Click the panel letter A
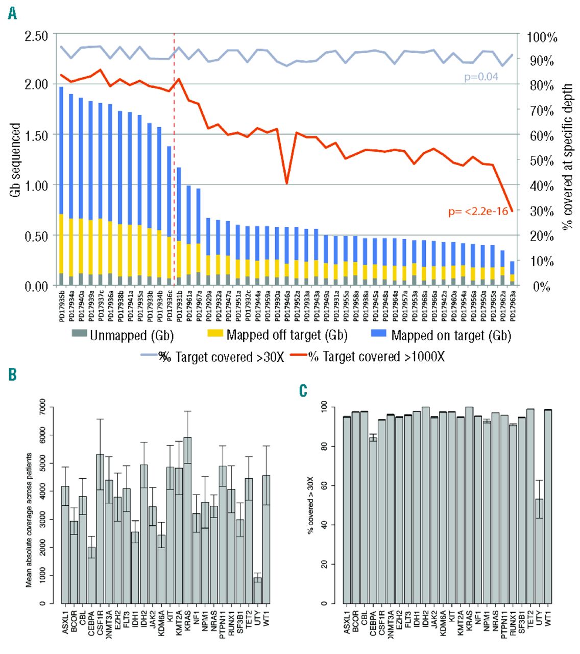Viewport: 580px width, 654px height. tap(12, 14)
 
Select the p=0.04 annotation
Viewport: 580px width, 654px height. tap(481, 77)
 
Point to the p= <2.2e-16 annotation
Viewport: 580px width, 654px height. tap(478, 211)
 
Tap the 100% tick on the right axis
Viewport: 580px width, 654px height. tap(542, 37)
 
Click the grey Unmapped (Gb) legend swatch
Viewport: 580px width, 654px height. tap(80, 335)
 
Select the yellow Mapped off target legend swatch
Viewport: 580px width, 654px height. tap(215, 335)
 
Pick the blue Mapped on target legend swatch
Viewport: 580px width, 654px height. tap(379, 335)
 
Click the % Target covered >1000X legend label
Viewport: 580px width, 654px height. tap(376, 357)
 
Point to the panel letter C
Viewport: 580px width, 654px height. tap(303, 391)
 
